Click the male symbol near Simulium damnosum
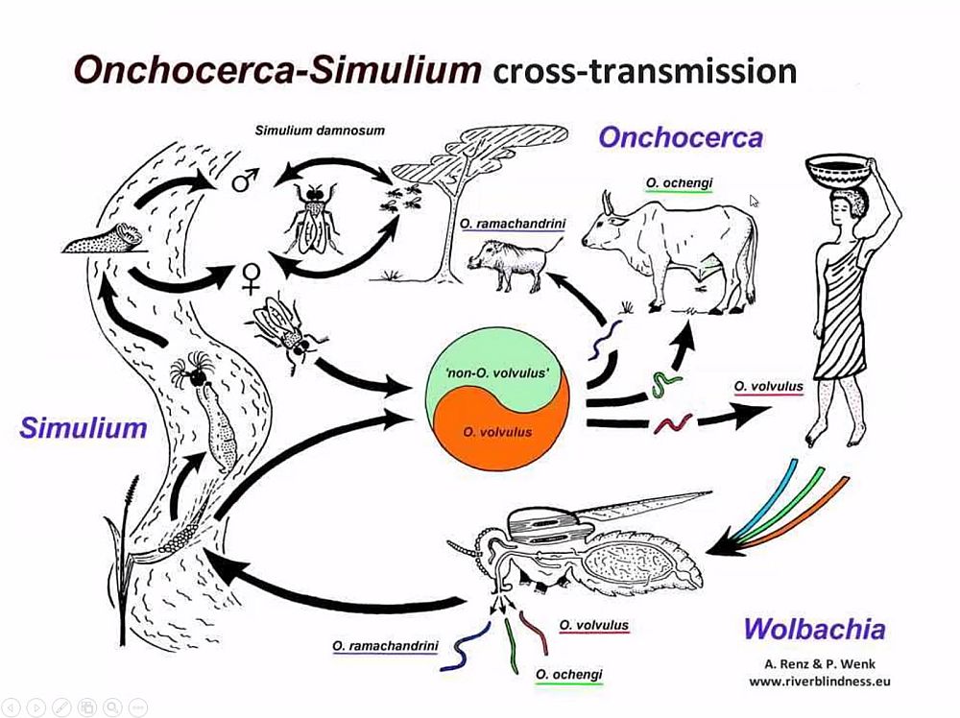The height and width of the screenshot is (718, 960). pos(246,179)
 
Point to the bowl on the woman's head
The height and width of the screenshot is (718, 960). pos(833,174)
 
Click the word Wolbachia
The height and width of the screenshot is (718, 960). pos(814,631)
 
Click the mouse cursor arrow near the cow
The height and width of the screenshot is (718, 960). pos(755,201)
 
